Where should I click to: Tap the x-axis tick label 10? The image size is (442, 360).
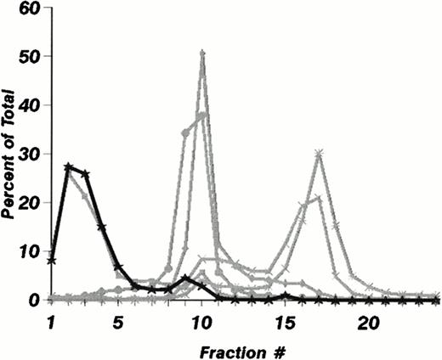click(201, 323)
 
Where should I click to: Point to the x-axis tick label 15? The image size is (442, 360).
click(285, 323)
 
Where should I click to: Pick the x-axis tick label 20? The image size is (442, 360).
click(368, 323)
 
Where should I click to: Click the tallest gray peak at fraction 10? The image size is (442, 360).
click(201, 53)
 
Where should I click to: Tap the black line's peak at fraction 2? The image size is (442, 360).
click(68, 166)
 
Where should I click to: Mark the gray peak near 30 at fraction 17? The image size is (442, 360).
click(318, 154)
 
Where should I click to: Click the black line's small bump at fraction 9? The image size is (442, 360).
click(185, 278)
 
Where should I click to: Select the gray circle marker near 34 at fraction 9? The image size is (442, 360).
click(185, 132)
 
